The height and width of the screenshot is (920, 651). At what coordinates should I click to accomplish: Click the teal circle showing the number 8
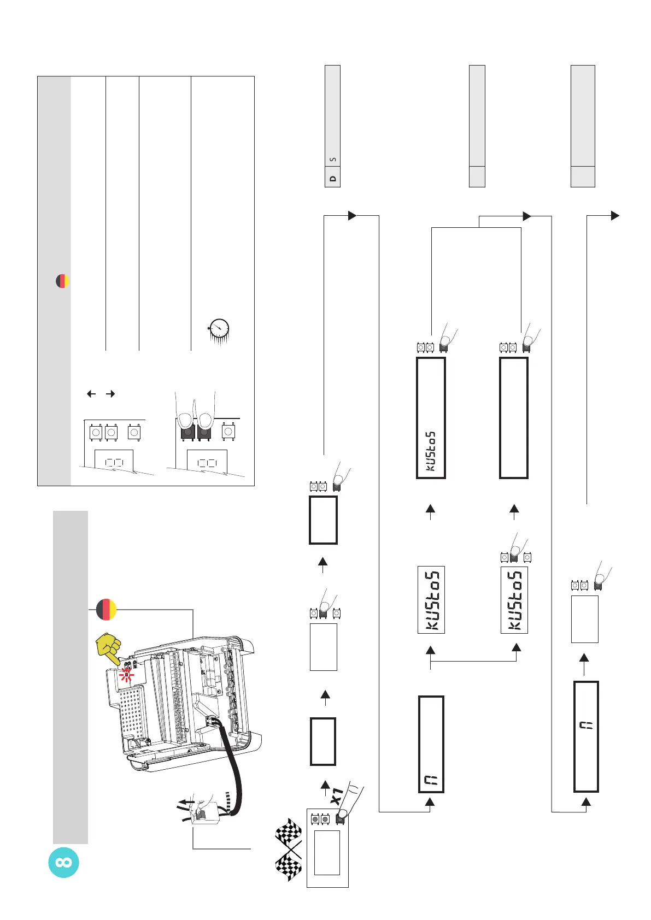click(x=63, y=863)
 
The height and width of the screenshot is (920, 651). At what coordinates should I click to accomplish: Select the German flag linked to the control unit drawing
click(x=106, y=609)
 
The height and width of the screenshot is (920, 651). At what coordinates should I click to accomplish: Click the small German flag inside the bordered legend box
click(x=63, y=281)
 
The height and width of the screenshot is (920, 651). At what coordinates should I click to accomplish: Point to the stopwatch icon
click(x=219, y=329)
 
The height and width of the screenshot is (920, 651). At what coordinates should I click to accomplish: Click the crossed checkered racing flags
click(x=289, y=849)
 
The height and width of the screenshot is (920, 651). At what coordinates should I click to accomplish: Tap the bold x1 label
click(x=337, y=796)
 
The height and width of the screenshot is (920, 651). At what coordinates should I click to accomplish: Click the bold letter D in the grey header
click(x=333, y=179)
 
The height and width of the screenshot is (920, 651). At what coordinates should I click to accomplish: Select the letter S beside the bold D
click(x=333, y=160)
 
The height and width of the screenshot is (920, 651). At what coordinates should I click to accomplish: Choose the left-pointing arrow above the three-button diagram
click(x=91, y=393)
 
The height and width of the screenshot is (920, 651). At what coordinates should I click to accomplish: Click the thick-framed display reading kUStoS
click(x=431, y=418)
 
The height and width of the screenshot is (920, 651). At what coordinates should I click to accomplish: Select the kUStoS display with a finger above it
click(x=514, y=600)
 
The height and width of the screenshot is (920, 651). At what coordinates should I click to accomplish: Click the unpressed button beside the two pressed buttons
click(x=228, y=432)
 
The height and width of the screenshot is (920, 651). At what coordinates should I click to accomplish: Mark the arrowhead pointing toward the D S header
click(x=352, y=215)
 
